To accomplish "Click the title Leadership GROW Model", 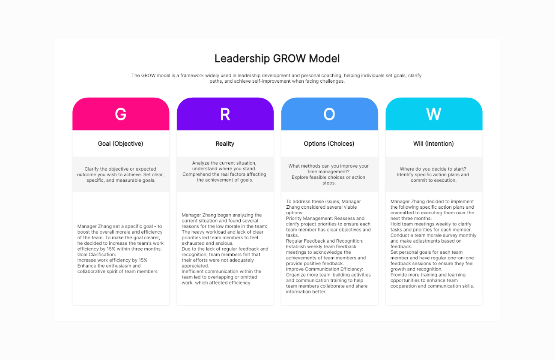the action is pyautogui.click(x=277, y=59).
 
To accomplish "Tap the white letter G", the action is pyautogui.click(x=121, y=114).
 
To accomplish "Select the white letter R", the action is pyautogui.click(x=225, y=114).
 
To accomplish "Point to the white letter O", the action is pyautogui.click(x=329, y=114).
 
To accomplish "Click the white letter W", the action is pyautogui.click(x=433, y=114).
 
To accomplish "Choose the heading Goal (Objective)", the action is pyautogui.click(x=120, y=144).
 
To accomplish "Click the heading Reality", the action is pyautogui.click(x=225, y=144).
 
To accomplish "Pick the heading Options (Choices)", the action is pyautogui.click(x=329, y=144).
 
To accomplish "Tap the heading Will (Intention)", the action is pyautogui.click(x=433, y=144).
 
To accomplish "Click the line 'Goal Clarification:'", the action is pyautogui.click(x=97, y=255).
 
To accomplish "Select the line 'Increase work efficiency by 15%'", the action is pyautogui.click(x=112, y=260).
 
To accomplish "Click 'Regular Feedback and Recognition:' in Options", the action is pyautogui.click(x=325, y=241).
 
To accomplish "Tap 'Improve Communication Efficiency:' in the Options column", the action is pyautogui.click(x=325, y=269).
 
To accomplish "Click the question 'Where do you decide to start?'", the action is pyautogui.click(x=433, y=169).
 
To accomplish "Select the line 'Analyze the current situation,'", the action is pyautogui.click(x=224, y=163).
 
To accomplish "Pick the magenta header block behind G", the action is pyautogui.click(x=121, y=114).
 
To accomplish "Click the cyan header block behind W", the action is pyautogui.click(x=434, y=114).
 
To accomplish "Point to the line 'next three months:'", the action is pyautogui.click(x=411, y=219).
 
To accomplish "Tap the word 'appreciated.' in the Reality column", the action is pyautogui.click(x=195, y=266).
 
